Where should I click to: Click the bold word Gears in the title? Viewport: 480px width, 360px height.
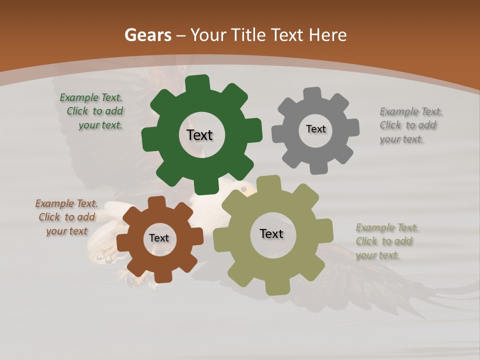147,35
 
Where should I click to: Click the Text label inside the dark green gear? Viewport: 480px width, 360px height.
199,135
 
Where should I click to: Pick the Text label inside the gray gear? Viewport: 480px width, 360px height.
315,129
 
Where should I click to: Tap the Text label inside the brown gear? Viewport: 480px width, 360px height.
158,238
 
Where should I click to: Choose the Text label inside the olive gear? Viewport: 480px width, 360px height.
271,233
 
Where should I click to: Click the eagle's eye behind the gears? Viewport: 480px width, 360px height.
244,189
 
